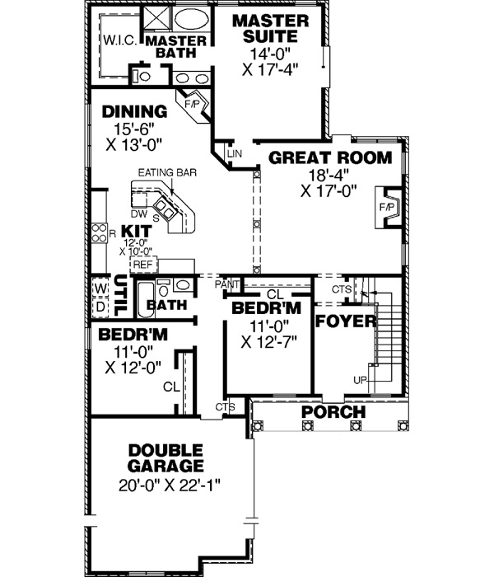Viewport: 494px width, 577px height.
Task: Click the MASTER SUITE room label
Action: [270, 27]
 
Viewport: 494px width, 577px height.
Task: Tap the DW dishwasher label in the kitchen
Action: [139, 213]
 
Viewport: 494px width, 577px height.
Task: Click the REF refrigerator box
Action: [144, 265]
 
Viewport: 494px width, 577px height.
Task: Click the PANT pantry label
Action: [226, 284]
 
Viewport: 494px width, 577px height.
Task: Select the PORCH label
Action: [333, 411]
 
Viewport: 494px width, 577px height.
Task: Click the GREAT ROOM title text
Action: [315, 157]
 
